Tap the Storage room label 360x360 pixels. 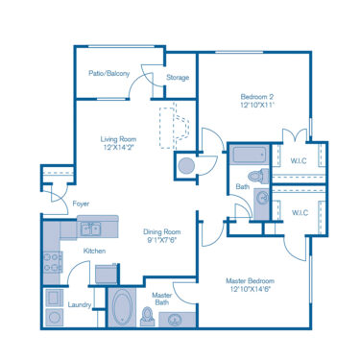pyautogui.click(x=177, y=78)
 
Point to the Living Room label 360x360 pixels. pyautogui.click(x=120, y=139)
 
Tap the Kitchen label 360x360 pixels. pyautogui.click(x=94, y=252)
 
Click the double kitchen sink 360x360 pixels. pyautogui.click(x=92, y=228)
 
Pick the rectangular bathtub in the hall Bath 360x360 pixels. pyautogui.click(x=250, y=154)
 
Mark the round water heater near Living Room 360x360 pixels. pyautogui.click(x=184, y=165)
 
